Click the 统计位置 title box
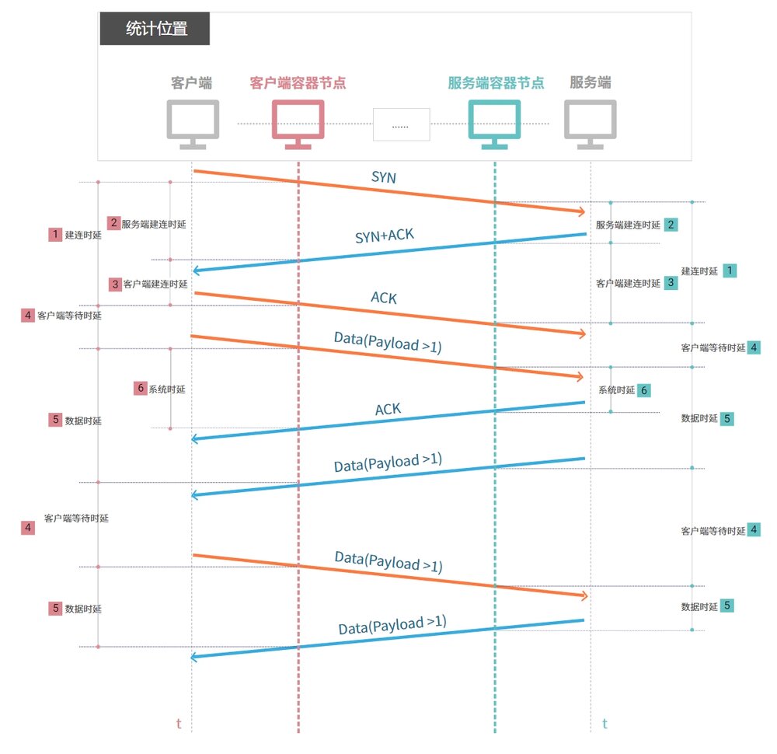[x=155, y=30]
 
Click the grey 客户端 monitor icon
[x=193, y=123]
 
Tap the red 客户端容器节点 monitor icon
[x=298, y=123]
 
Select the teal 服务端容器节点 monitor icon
[x=495, y=123]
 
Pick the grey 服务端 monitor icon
[x=591, y=123]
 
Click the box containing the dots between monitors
[x=401, y=124]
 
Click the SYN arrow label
[x=384, y=177]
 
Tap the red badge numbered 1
[x=54, y=234]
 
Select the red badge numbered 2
[x=113, y=223]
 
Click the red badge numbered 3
[x=115, y=284]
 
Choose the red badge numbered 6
[x=140, y=388]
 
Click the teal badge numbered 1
[x=730, y=270]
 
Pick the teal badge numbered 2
[x=670, y=224]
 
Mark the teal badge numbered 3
[x=671, y=283]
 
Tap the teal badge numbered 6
[x=644, y=390]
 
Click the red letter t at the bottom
[x=179, y=724]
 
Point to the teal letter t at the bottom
[x=605, y=724]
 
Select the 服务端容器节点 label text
[x=496, y=82]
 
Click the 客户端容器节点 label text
[x=298, y=82]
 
